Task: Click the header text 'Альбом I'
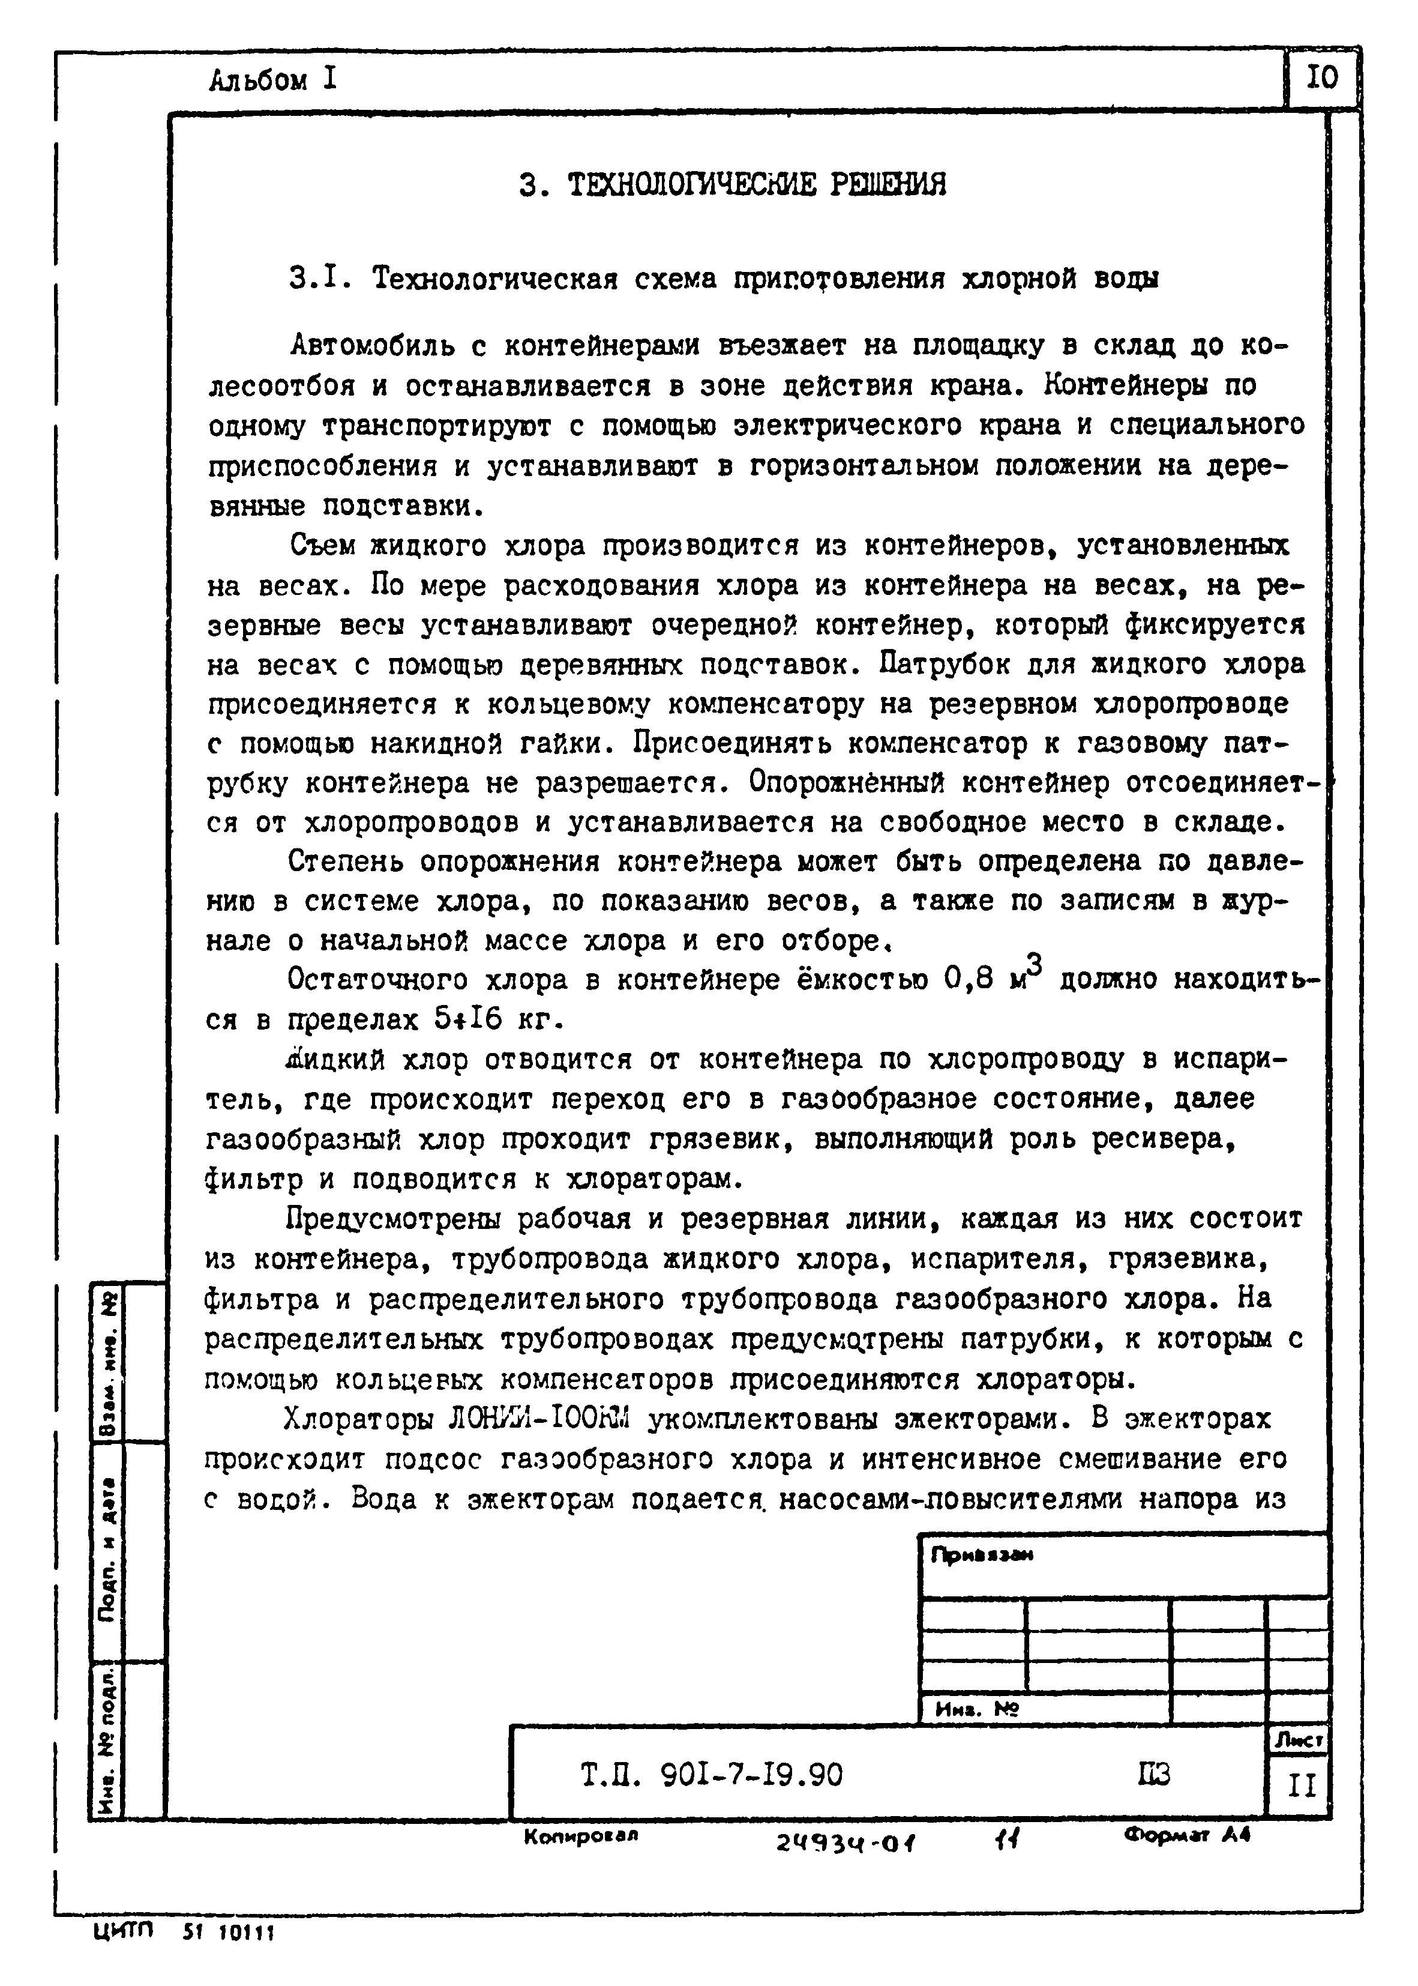272,80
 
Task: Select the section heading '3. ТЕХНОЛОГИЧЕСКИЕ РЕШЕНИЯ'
732,185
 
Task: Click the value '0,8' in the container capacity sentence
969,980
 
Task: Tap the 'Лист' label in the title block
1299,1740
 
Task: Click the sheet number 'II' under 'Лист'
1301,1786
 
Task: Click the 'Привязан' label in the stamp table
982,1556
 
